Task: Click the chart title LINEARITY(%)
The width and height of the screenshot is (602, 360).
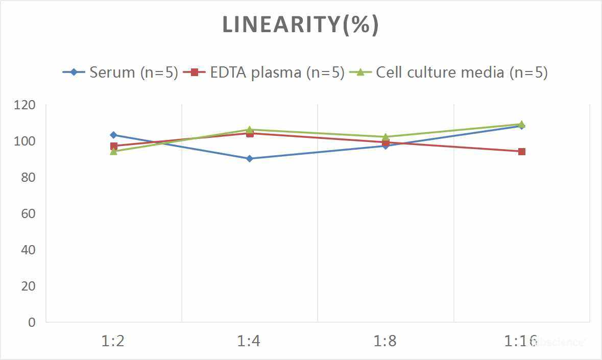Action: pos(301,25)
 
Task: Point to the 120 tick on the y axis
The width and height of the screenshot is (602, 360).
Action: pos(25,105)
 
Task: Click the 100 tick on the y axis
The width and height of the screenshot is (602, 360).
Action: pos(25,141)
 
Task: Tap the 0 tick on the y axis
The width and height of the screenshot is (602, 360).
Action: pos(32,322)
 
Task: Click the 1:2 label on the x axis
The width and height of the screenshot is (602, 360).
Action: pos(113,341)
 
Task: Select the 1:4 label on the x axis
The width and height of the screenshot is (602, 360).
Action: pos(249,341)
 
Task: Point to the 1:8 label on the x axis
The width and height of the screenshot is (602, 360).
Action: pos(385,341)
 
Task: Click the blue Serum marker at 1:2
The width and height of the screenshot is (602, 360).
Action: pos(113,135)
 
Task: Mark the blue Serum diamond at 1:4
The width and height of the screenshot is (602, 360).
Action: pos(249,159)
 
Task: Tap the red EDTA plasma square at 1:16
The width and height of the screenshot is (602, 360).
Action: pos(521,152)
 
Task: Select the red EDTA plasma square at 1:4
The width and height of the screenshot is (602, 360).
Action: pos(250,133)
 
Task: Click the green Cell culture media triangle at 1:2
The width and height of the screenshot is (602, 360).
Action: pos(113,151)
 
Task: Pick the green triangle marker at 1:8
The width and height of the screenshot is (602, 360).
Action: pos(386,137)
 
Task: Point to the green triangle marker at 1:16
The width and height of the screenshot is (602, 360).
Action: pos(521,124)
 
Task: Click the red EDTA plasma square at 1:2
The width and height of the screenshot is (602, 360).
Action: pos(113,146)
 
